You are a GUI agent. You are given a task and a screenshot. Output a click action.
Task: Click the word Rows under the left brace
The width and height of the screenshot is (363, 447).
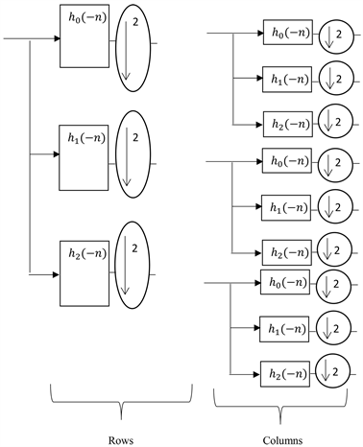pos(121,439)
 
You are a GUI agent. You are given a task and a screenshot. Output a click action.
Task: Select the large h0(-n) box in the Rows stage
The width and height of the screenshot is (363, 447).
pos(85,40)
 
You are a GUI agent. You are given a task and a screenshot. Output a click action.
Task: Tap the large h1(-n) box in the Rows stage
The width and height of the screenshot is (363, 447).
pos(85,153)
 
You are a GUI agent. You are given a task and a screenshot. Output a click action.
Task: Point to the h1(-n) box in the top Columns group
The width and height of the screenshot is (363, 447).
pos(287,78)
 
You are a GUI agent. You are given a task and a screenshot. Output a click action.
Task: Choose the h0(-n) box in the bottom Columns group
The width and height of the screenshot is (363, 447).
pos(287,285)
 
